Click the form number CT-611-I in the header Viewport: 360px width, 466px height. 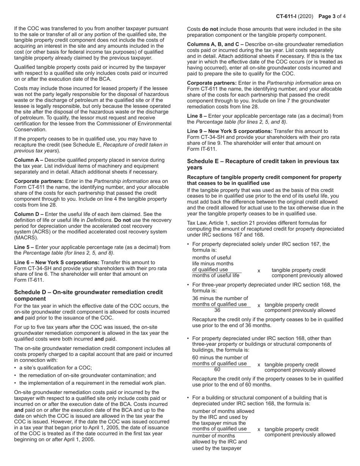[289, 16]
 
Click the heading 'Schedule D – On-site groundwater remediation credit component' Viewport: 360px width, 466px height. [88, 295]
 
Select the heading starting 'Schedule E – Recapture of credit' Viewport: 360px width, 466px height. [263, 164]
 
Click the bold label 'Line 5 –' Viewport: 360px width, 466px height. [24, 247]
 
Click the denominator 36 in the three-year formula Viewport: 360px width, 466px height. [217, 310]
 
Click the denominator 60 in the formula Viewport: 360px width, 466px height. [217, 370]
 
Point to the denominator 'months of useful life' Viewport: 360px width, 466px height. [216, 275]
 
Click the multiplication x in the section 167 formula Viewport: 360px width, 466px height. [259, 271]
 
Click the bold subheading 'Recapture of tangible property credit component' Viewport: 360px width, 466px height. [264, 180]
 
